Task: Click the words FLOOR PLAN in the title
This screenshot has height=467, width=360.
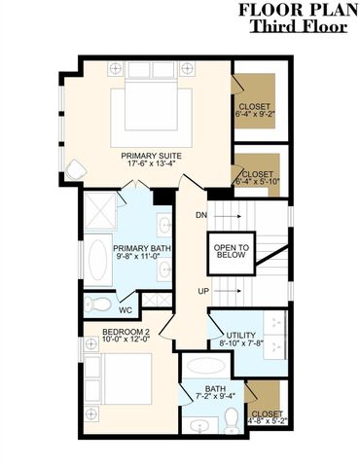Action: pyautogui.click(x=294, y=11)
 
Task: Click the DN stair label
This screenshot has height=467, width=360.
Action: pyautogui.click(x=201, y=214)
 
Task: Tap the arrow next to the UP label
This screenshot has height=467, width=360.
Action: pyautogui.click(x=230, y=292)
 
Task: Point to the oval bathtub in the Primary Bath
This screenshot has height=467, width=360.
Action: pyautogui.click(x=98, y=258)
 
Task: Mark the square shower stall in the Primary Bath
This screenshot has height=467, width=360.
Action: pyautogui.click(x=100, y=209)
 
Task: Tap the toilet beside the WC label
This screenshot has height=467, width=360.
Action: pyautogui.click(x=99, y=305)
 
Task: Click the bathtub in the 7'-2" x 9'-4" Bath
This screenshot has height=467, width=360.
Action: pyautogui.click(x=207, y=369)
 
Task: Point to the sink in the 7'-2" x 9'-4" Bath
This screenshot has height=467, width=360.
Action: pyautogui.click(x=202, y=424)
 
